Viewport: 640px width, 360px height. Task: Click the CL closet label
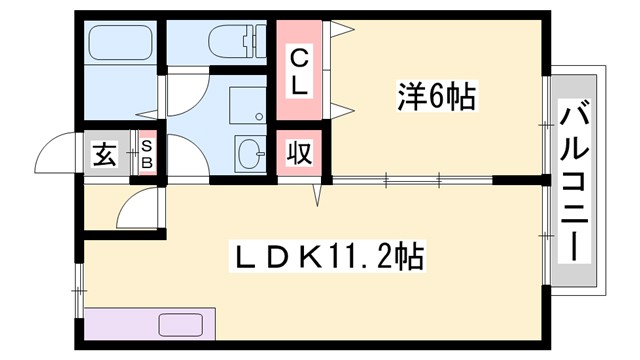[299, 72]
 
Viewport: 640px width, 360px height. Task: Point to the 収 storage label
[298, 155]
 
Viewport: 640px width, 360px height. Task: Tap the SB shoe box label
[146, 155]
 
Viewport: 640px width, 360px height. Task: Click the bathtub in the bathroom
[120, 44]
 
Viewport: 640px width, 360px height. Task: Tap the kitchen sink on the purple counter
[180, 326]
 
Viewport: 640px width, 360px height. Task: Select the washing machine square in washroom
[245, 104]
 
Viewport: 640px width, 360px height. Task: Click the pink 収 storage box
[298, 154]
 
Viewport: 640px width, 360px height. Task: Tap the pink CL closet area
[299, 72]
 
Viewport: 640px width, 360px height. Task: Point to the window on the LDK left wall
[79, 292]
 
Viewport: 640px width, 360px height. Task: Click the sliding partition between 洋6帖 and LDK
[410, 180]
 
